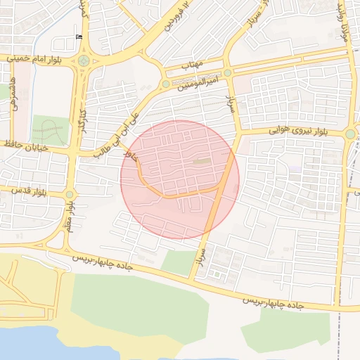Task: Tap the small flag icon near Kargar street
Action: [78, 37]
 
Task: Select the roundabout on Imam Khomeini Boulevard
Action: [84, 60]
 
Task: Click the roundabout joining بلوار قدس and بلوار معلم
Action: [70, 194]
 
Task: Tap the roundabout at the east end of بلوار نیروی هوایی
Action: [350, 134]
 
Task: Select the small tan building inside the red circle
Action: [202, 162]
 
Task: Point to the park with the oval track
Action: [51, 131]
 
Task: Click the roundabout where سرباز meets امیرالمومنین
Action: [228, 72]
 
